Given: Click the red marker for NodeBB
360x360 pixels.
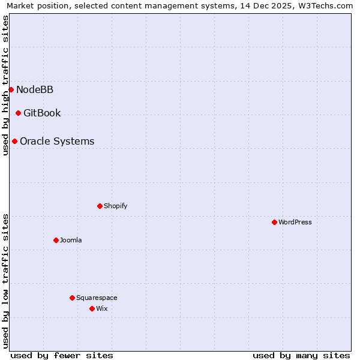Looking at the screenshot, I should click(11, 89).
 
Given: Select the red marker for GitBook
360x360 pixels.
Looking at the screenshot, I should click(18, 113).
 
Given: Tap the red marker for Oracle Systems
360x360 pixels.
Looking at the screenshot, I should click(14, 141).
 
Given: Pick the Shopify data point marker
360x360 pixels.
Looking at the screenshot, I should click(100, 206).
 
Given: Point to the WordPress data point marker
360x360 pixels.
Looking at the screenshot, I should click(274, 222).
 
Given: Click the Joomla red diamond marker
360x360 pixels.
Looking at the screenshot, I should click(56, 240).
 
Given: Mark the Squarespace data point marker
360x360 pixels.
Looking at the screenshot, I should click(72, 298).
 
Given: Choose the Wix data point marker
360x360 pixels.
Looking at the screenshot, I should click(92, 308).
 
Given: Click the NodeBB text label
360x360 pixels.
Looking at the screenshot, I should click(35, 89).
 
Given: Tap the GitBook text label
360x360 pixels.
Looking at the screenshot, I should click(42, 113).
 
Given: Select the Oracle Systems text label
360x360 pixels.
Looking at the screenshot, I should click(57, 141).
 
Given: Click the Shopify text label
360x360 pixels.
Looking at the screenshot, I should click(115, 206).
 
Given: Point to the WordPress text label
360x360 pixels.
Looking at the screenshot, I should click(295, 222).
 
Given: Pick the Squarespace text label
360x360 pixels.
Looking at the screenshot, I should click(97, 298).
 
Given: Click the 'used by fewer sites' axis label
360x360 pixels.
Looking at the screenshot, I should click(62, 355).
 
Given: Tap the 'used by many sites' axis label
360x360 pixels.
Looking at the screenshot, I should click(301, 355).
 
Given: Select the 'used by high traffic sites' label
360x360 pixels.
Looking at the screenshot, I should click(5, 85).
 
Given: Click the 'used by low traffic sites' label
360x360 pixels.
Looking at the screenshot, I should click(5, 280).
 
